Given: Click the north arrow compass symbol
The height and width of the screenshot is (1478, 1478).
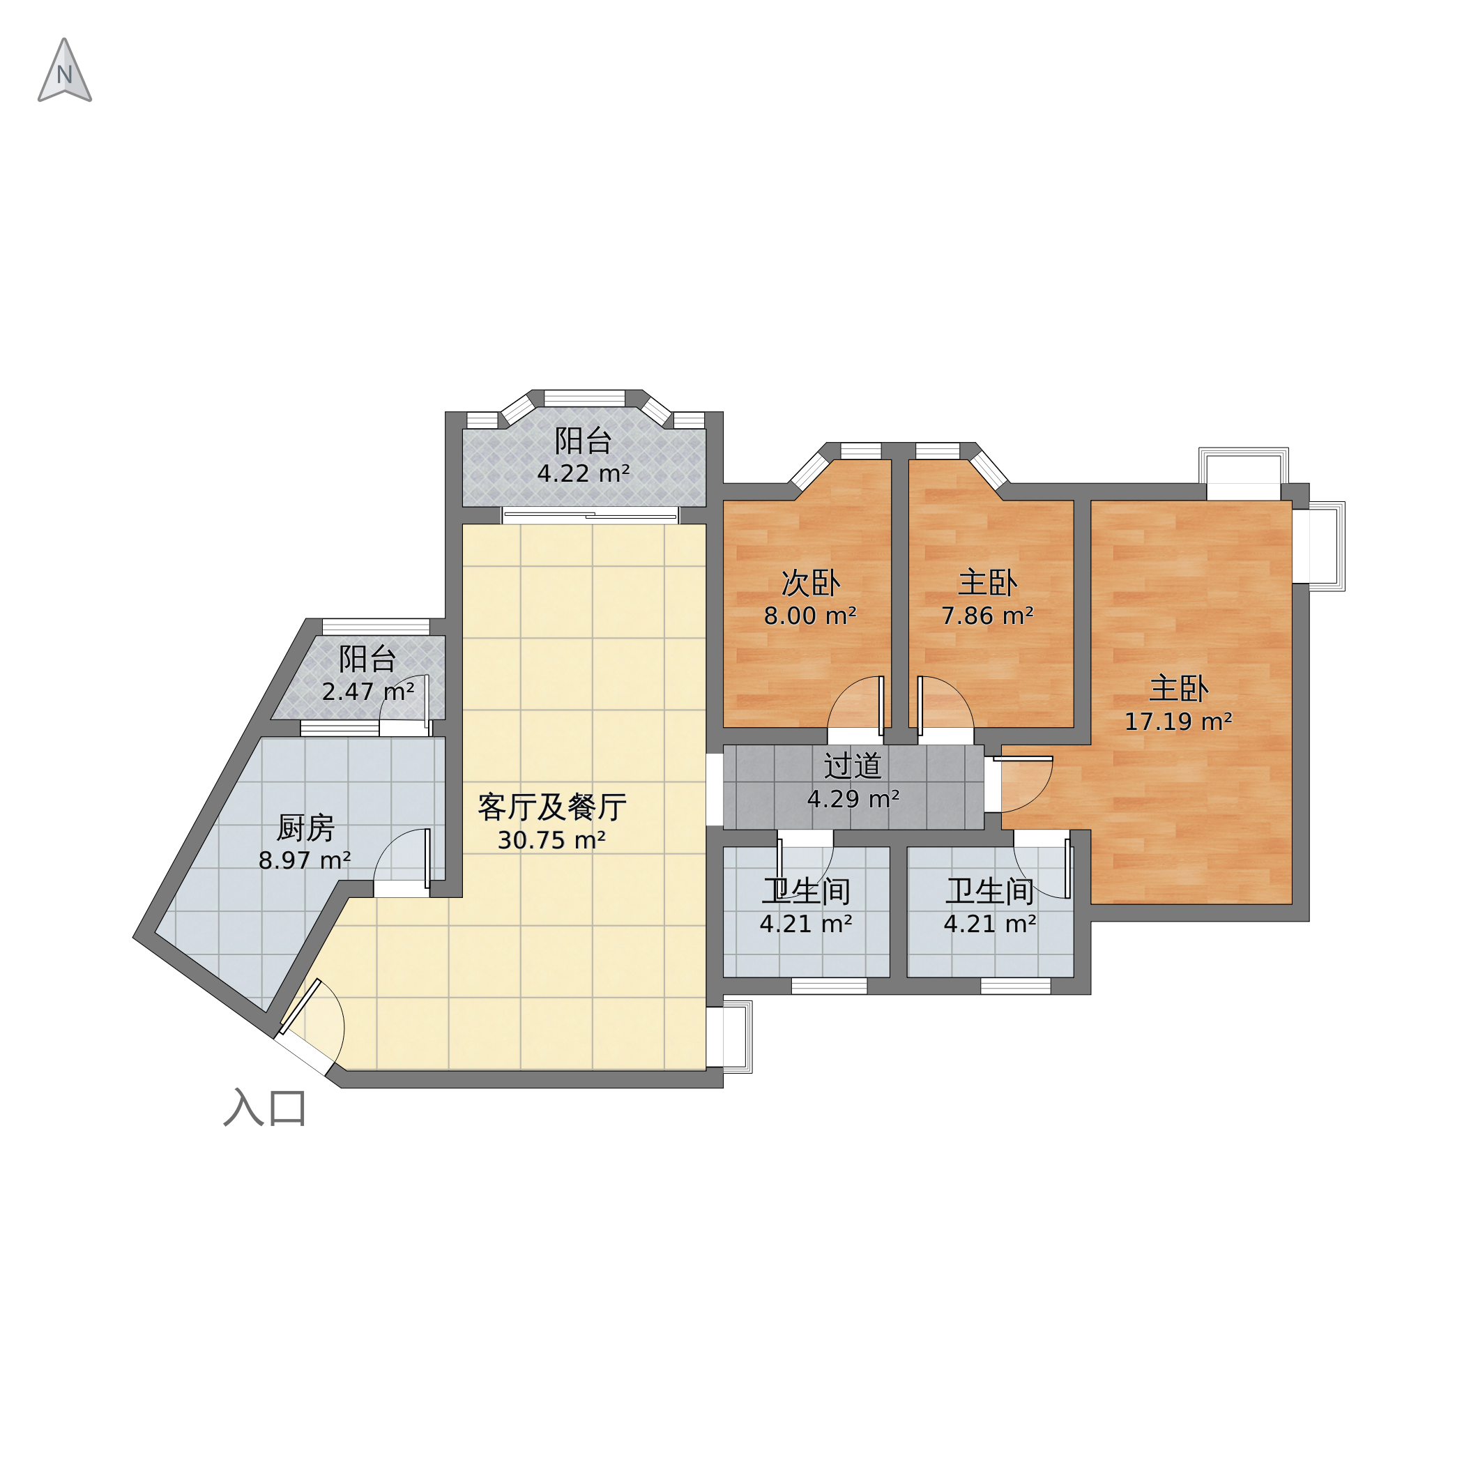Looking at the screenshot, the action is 65,70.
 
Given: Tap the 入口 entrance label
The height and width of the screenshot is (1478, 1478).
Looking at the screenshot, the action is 266,1108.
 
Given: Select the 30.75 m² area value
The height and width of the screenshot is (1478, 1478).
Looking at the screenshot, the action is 551,841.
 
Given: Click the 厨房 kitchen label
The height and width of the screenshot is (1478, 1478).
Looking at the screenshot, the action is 305,828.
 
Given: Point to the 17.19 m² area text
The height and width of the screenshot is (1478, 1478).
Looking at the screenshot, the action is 1178,722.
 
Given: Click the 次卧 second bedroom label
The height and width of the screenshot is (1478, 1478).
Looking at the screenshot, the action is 810,583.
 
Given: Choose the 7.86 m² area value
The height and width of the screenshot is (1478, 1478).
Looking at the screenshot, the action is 987,616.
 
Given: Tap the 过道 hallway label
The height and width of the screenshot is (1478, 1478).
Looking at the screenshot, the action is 853,765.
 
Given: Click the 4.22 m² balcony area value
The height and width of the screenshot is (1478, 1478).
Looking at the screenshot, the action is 583,473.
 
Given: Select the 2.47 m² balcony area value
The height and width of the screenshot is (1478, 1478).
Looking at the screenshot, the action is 368,692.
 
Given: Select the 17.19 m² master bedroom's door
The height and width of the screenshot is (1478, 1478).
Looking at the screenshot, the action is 1023,784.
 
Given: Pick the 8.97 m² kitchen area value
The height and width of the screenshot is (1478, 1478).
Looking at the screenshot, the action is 305,860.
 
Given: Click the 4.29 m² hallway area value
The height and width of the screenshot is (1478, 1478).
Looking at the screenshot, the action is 853,800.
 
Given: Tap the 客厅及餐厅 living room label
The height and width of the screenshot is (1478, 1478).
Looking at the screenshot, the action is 551,807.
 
